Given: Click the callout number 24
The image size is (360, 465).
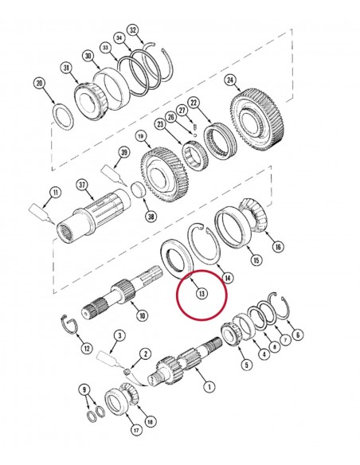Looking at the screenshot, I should coord(230,80).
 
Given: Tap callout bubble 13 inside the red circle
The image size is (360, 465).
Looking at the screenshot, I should coord(202,294).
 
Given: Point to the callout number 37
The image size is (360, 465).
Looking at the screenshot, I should coord(81,186).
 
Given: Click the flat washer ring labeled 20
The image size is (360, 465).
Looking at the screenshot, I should coord(61,115).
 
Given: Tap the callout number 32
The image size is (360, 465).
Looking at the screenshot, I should coord(133,30).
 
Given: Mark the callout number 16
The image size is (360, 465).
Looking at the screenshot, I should coord(277,248).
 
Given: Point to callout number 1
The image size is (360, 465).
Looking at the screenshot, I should coord(209,387).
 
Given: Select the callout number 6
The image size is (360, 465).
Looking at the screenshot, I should coord(299,334).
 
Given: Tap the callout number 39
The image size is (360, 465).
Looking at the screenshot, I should coord(123,152).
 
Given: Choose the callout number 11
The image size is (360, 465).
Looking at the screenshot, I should coord(54,192).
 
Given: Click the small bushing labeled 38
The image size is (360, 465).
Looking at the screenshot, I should coord(137,191).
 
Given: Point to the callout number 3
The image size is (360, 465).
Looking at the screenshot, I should coord(119,335).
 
